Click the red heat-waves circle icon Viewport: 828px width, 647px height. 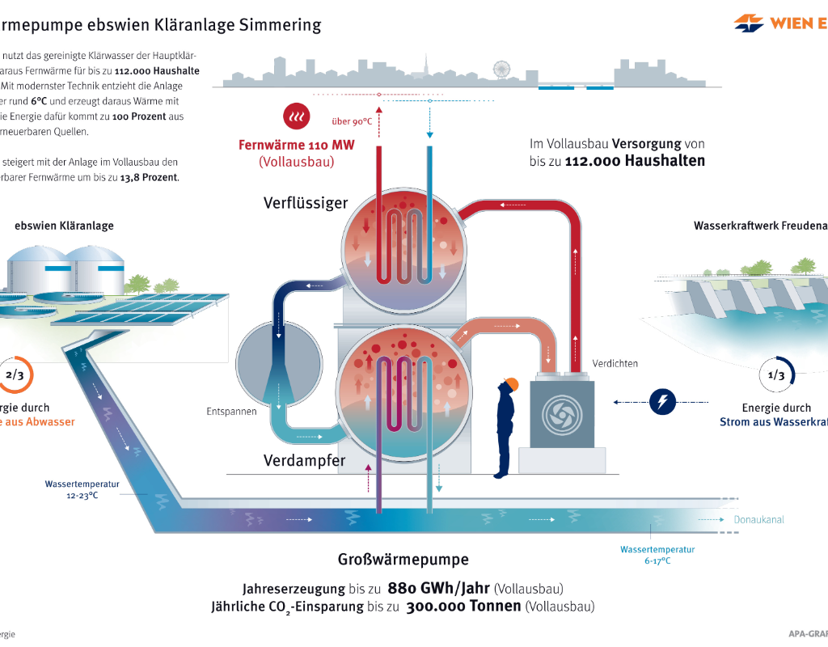coord(295,117)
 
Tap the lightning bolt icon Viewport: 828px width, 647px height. coord(662,401)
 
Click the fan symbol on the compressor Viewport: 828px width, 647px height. coord(560,414)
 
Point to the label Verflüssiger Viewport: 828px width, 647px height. coord(306,203)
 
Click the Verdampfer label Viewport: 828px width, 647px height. coord(305,461)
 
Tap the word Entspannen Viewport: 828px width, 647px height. coord(231,412)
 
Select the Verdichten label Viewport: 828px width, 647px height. coord(615,364)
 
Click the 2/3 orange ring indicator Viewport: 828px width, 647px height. coord(15,375)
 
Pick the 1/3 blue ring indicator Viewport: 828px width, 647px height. coord(775,375)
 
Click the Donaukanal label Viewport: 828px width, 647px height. coord(758,520)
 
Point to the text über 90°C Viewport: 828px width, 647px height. coord(352,122)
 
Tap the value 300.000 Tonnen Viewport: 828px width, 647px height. coord(463,607)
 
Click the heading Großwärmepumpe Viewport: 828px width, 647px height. coord(403,560)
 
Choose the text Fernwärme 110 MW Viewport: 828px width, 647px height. coord(296,146)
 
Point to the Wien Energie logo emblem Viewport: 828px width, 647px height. coord(749,23)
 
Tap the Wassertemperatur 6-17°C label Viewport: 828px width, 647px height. coord(657,555)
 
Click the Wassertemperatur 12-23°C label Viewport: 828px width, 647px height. coord(82,490)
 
